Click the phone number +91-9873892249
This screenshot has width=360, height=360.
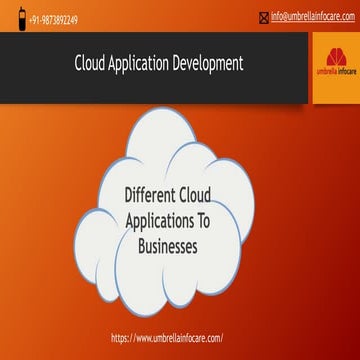(53, 19)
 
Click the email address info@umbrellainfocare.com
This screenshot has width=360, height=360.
(306, 16)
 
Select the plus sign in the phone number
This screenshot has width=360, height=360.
(28, 19)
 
